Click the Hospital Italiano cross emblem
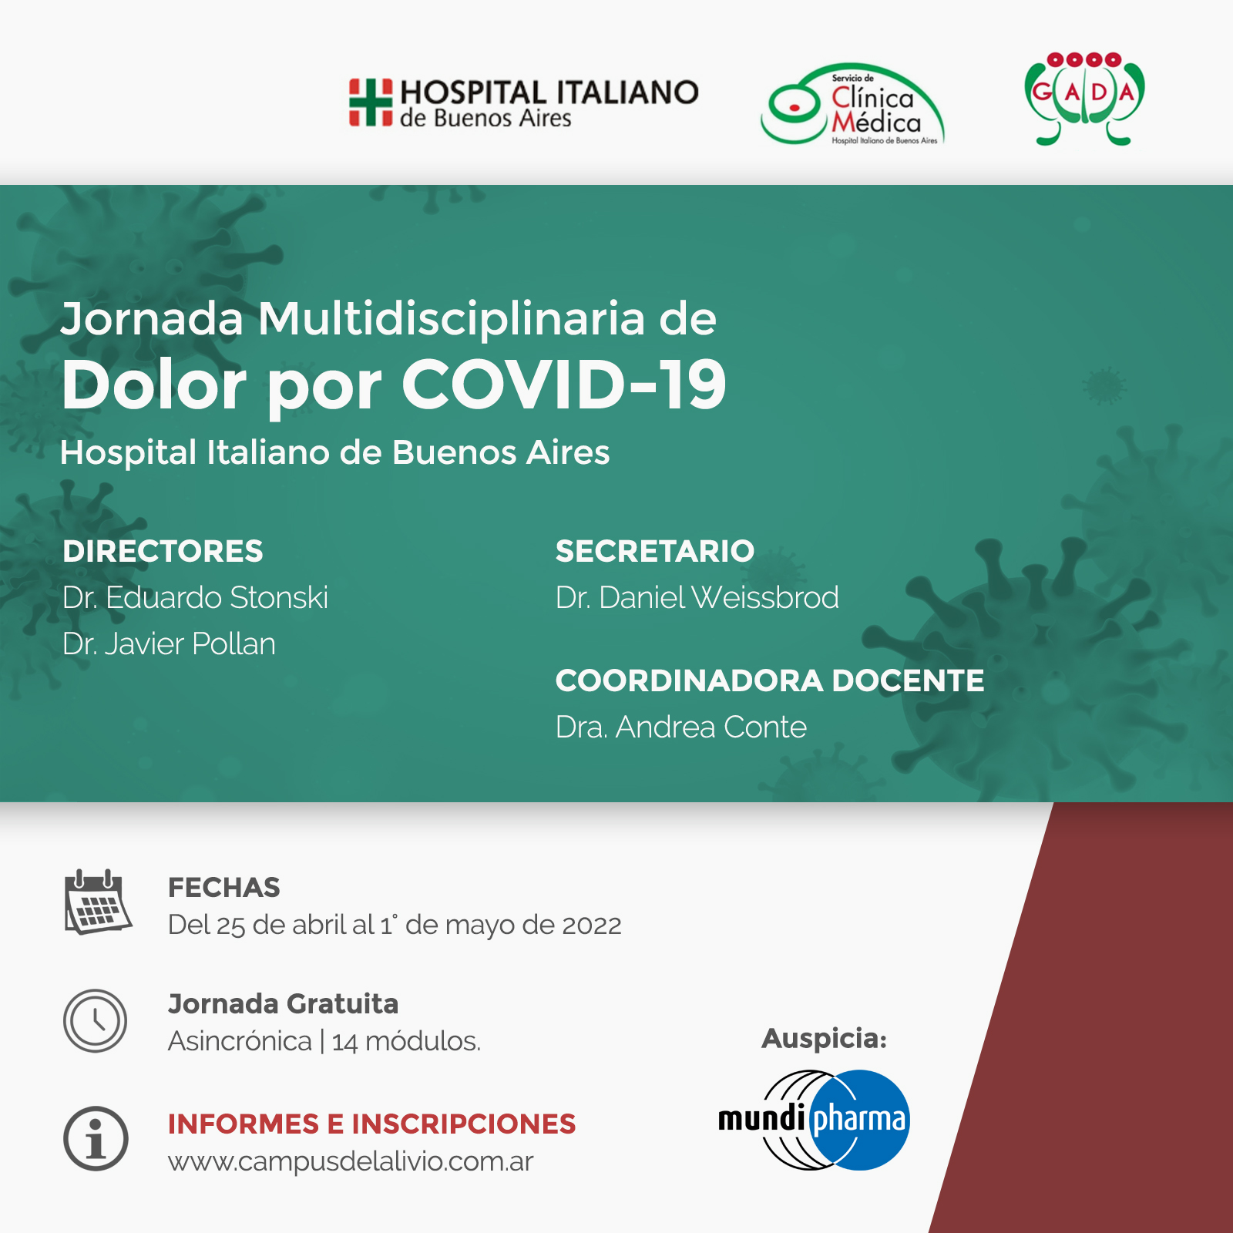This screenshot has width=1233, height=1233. coord(371,102)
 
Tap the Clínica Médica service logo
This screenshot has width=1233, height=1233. coord(852,104)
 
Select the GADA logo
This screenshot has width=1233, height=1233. coord(1084,99)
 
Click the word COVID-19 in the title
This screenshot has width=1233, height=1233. coord(563,385)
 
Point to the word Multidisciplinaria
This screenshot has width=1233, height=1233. coord(452,318)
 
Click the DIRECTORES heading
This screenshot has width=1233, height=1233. coord(163,551)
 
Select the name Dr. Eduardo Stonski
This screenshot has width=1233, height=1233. coord(195,597)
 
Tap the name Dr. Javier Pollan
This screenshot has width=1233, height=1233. coord(169,643)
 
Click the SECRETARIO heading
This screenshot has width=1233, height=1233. coord(655,551)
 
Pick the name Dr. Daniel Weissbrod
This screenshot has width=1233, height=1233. coord(697,597)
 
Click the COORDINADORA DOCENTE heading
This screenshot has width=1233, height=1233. coord(770,680)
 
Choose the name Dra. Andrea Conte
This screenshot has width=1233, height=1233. coord(681,727)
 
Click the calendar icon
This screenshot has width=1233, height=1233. coord(97,902)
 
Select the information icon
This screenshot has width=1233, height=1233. coord(96,1138)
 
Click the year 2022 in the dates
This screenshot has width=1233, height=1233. coord(592,925)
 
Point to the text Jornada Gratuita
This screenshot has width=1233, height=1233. coord(283,1004)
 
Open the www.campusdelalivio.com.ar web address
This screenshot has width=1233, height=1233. coord(351,1161)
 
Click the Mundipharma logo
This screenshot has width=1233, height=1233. coord(814,1120)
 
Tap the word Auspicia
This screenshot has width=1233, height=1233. coord(824,1039)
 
